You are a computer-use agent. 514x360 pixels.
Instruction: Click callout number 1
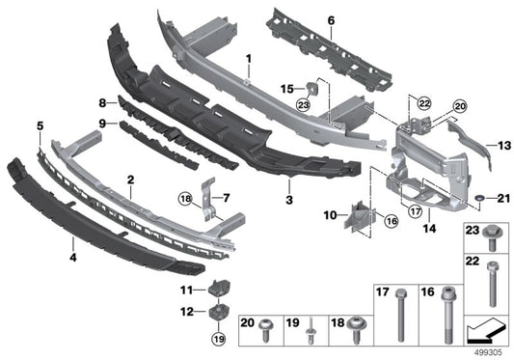248,60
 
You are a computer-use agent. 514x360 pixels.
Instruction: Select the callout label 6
330,20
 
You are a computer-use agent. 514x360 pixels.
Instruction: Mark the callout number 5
40,125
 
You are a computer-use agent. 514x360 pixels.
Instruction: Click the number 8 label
101,101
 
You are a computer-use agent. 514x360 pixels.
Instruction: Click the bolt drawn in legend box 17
399,318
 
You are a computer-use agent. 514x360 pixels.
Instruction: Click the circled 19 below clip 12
218,338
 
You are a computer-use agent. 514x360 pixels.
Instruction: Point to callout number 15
286,89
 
